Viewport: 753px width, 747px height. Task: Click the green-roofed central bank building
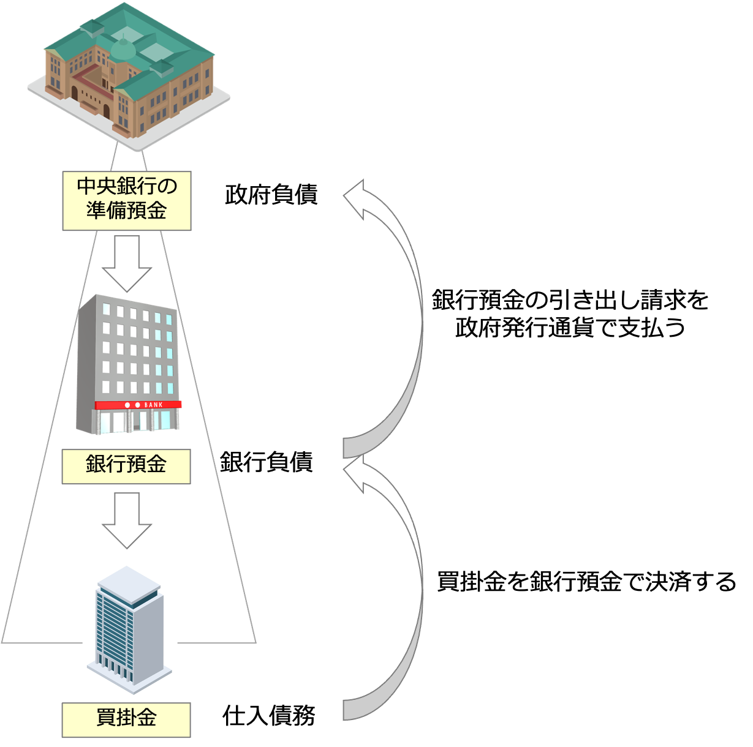129,73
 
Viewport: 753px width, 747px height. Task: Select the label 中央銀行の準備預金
127,200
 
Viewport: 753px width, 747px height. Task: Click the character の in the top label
166,187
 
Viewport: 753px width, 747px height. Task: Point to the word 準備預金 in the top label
127,211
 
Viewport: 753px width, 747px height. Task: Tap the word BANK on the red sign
154,405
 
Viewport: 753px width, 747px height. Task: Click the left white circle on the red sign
127,405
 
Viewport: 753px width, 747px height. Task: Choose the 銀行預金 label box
126,466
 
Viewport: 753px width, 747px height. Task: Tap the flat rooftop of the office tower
129,580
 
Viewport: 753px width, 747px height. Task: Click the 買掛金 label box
126,719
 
